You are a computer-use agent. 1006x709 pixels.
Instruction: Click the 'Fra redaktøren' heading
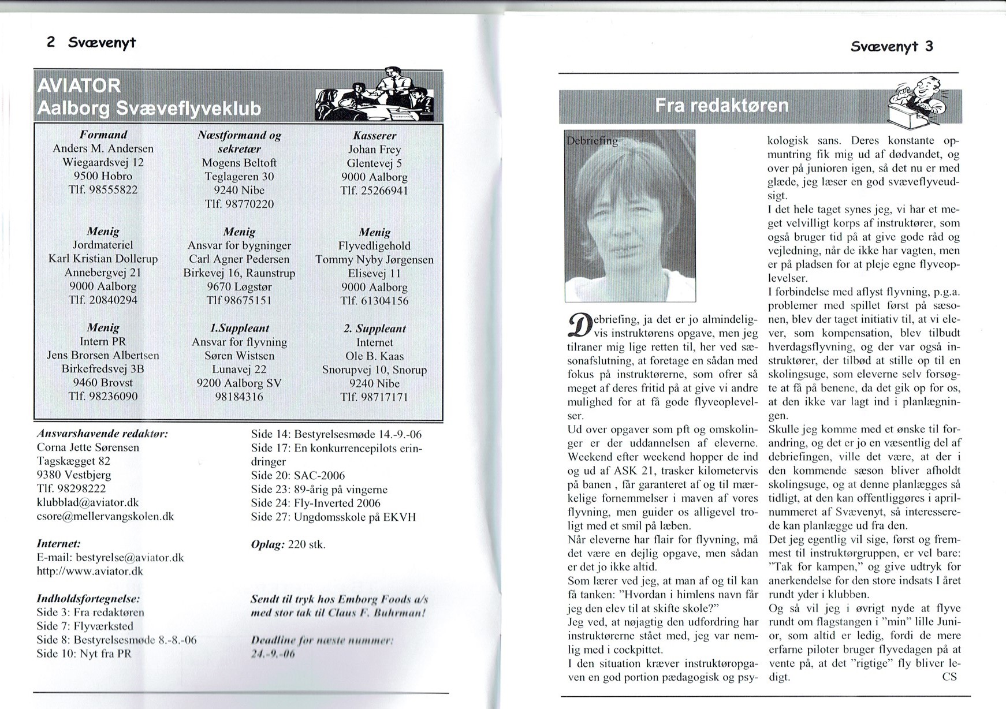(x=721, y=106)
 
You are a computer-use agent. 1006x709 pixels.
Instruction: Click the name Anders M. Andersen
(x=103, y=148)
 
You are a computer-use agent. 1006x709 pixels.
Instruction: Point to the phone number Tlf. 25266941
(x=374, y=191)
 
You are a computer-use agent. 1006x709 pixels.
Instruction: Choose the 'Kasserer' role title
(x=374, y=135)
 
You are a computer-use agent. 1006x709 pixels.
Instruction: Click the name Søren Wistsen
(x=240, y=356)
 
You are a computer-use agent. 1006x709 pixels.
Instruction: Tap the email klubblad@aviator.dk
(x=88, y=502)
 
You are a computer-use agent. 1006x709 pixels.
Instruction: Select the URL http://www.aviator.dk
(x=90, y=572)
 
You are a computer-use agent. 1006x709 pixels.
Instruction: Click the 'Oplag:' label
(x=267, y=544)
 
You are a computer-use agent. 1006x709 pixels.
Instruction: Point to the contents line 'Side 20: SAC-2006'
(x=298, y=475)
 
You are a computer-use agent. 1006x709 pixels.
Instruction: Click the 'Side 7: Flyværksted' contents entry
(x=85, y=626)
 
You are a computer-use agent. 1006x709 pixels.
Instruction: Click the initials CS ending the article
(x=949, y=677)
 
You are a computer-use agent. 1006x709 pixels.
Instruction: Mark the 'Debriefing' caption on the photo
(x=592, y=141)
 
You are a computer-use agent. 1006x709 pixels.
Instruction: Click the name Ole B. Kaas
(x=374, y=356)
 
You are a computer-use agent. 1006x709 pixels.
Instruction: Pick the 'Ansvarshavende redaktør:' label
(x=102, y=433)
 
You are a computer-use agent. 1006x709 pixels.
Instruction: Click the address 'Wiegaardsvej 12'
(x=103, y=162)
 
